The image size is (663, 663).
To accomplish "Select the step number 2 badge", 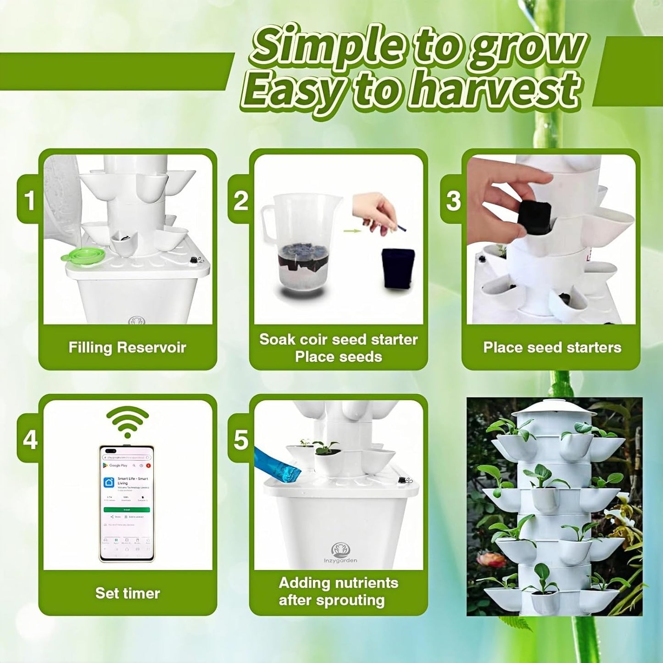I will (241, 200).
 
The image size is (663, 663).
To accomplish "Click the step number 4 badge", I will (30, 440).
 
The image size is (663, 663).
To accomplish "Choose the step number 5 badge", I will (241, 440).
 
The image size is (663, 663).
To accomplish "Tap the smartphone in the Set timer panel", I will (127, 503).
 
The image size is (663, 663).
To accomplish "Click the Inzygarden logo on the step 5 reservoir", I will (340, 552).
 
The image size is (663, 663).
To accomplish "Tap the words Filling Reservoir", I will (127, 347).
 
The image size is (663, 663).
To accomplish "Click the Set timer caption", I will (128, 593).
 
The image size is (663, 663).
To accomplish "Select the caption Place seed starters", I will (552, 347).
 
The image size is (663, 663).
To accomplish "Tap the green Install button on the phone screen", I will (127, 510).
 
